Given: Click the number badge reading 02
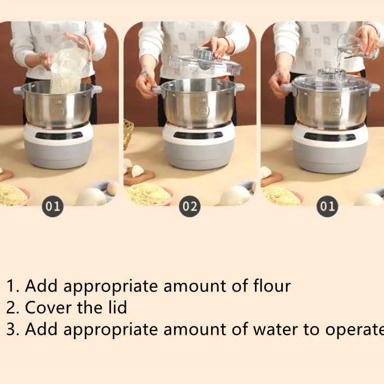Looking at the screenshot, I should click(189, 206).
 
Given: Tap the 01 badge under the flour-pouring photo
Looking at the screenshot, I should click(53, 206).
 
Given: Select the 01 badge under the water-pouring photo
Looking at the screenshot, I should click(327, 206).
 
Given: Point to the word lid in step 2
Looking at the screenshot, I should click(117, 307).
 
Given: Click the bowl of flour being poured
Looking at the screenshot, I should click(68, 60).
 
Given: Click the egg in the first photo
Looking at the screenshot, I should click(112, 188).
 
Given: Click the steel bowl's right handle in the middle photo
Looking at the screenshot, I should click(239, 88).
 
